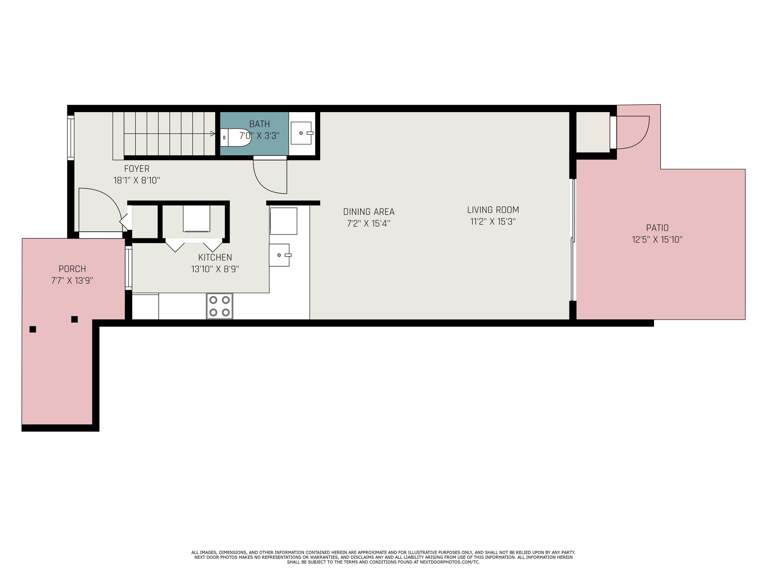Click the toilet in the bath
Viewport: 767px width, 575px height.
coord(235,138)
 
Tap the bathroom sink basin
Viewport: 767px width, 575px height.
coord(301,133)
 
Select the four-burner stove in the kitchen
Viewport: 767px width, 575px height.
coord(219,306)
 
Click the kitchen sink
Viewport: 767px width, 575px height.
coord(279,255)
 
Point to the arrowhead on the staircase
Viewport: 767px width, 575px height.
coord(212,134)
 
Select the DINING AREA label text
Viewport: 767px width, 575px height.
coord(369,212)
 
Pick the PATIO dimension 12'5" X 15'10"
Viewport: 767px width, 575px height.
coord(657,240)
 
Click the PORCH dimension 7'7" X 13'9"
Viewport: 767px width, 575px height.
coord(72,281)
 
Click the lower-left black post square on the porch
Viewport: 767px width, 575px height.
coord(33,329)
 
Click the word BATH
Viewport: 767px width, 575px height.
coord(259,124)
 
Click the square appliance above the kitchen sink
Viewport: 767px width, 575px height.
coord(283,221)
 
